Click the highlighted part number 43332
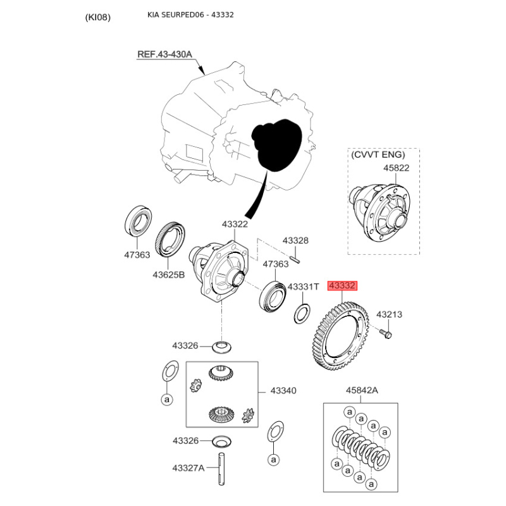342,286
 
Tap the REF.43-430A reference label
164,54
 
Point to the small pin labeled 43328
295,259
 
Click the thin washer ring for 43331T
302,313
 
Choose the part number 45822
396,168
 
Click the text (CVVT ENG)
378,154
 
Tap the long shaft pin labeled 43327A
221,469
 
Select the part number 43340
283,391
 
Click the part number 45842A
362,390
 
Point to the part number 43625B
168,275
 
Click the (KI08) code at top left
98,17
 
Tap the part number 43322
235,224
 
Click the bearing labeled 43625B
170,240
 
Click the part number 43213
389,314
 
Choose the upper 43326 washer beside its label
222,347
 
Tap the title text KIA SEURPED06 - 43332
190,15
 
